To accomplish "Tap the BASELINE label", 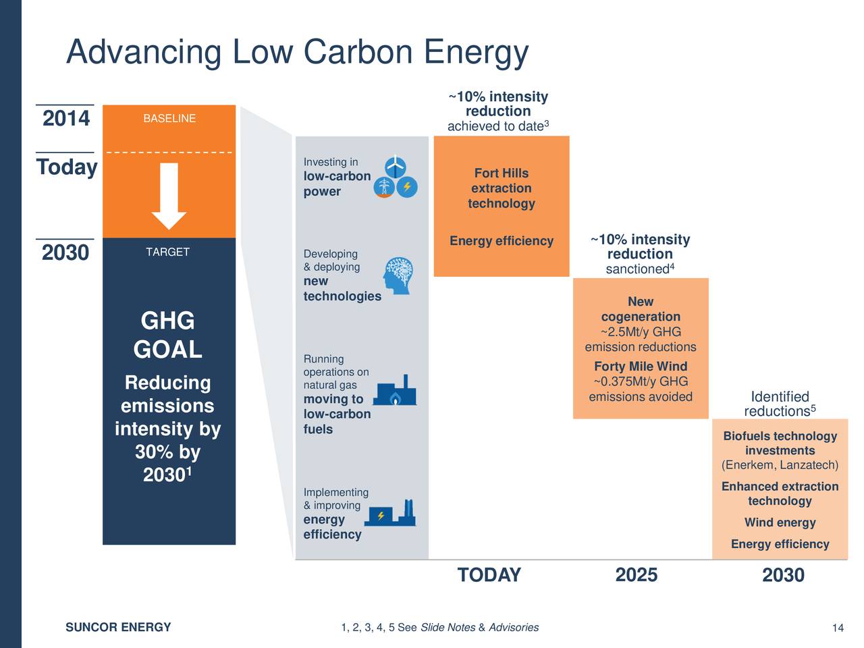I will click(x=169, y=119).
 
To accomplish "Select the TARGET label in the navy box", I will click(x=167, y=252).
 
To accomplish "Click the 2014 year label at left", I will click(x=65, y=119).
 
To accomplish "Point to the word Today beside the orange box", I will click(x=66, y=167).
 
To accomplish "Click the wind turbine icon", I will click(x=396, y=166).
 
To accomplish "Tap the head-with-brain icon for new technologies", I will click(x=398, y=275).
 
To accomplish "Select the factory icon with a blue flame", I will click(x=396, y=391).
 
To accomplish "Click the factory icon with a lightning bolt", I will click(x=391, y=514).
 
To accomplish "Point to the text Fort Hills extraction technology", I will click(x=502, y=188).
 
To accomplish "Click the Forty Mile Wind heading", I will click(x=641, y=367).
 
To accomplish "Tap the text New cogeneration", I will click(x=641, y=309).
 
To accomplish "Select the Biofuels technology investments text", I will click(x=780, y=443).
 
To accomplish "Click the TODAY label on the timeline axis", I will click(x=489, y=575).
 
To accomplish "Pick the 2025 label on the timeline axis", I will click(x=636, y=575).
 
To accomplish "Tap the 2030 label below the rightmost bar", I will click(x=783, y=576).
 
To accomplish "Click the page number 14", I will click(x=838, y=628).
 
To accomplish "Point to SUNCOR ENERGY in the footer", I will click(x=118, y=628).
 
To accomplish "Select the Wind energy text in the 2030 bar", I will click(x=780, y=522).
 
